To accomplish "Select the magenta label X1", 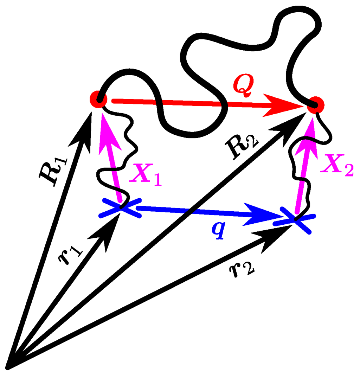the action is point(145,175).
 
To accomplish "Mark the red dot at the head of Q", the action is point(315,104).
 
